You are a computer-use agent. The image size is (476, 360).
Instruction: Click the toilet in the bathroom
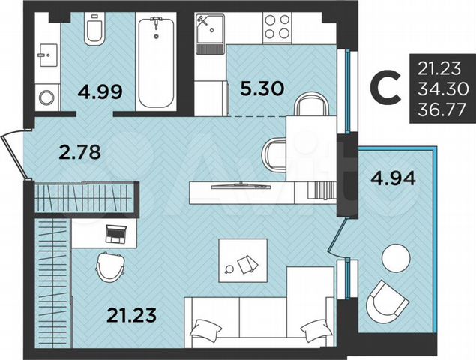(x=95, y=29)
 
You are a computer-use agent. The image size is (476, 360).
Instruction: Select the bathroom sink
(x=48, y=54)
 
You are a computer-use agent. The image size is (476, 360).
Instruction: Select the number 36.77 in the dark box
(x=445, y=109)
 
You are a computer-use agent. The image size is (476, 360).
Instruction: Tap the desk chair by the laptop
(x=109, y=266)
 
